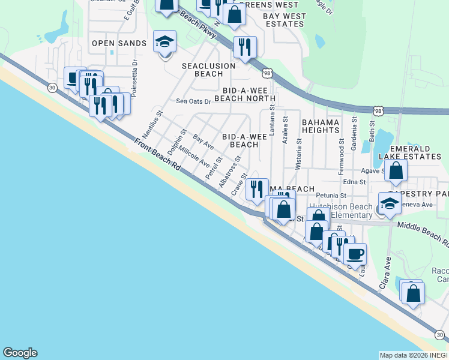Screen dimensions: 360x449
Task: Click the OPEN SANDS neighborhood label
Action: (x=119, y=43)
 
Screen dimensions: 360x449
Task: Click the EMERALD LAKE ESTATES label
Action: (x=415, y=152)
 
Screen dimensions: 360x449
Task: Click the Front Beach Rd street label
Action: (x=157, y=156)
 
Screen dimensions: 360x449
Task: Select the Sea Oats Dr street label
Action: (x=193, y=101)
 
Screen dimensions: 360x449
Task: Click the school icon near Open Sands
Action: (x=164, y=42)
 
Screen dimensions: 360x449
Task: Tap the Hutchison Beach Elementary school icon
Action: (x=389, y=204)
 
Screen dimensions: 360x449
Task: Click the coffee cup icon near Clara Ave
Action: (x=355, y=253)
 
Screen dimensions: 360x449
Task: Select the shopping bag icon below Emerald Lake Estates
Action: (x=396, y=172)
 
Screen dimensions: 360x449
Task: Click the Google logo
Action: (x=20, y=353)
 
